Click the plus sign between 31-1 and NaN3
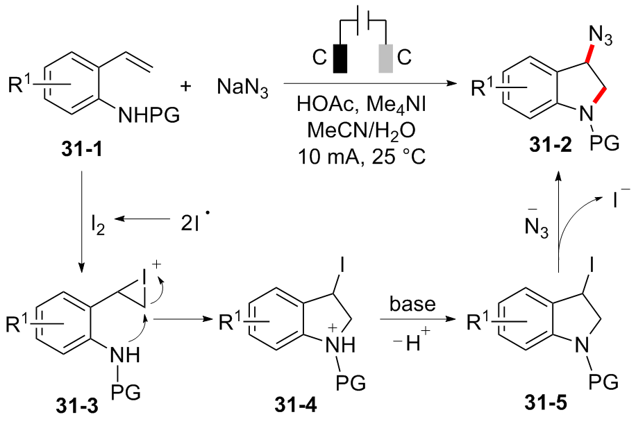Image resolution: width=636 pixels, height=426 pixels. click(185, 87)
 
